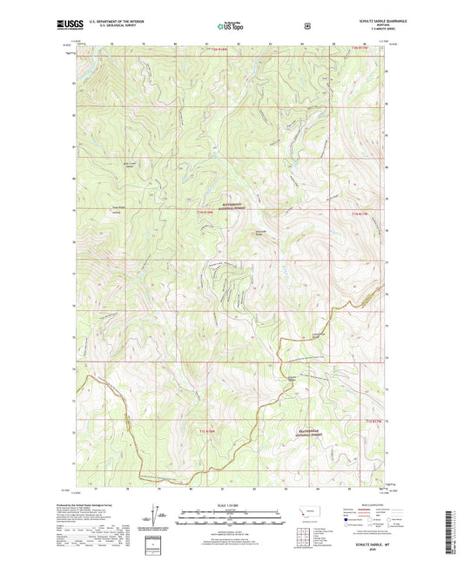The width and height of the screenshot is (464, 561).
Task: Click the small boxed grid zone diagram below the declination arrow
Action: coord(152,544)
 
